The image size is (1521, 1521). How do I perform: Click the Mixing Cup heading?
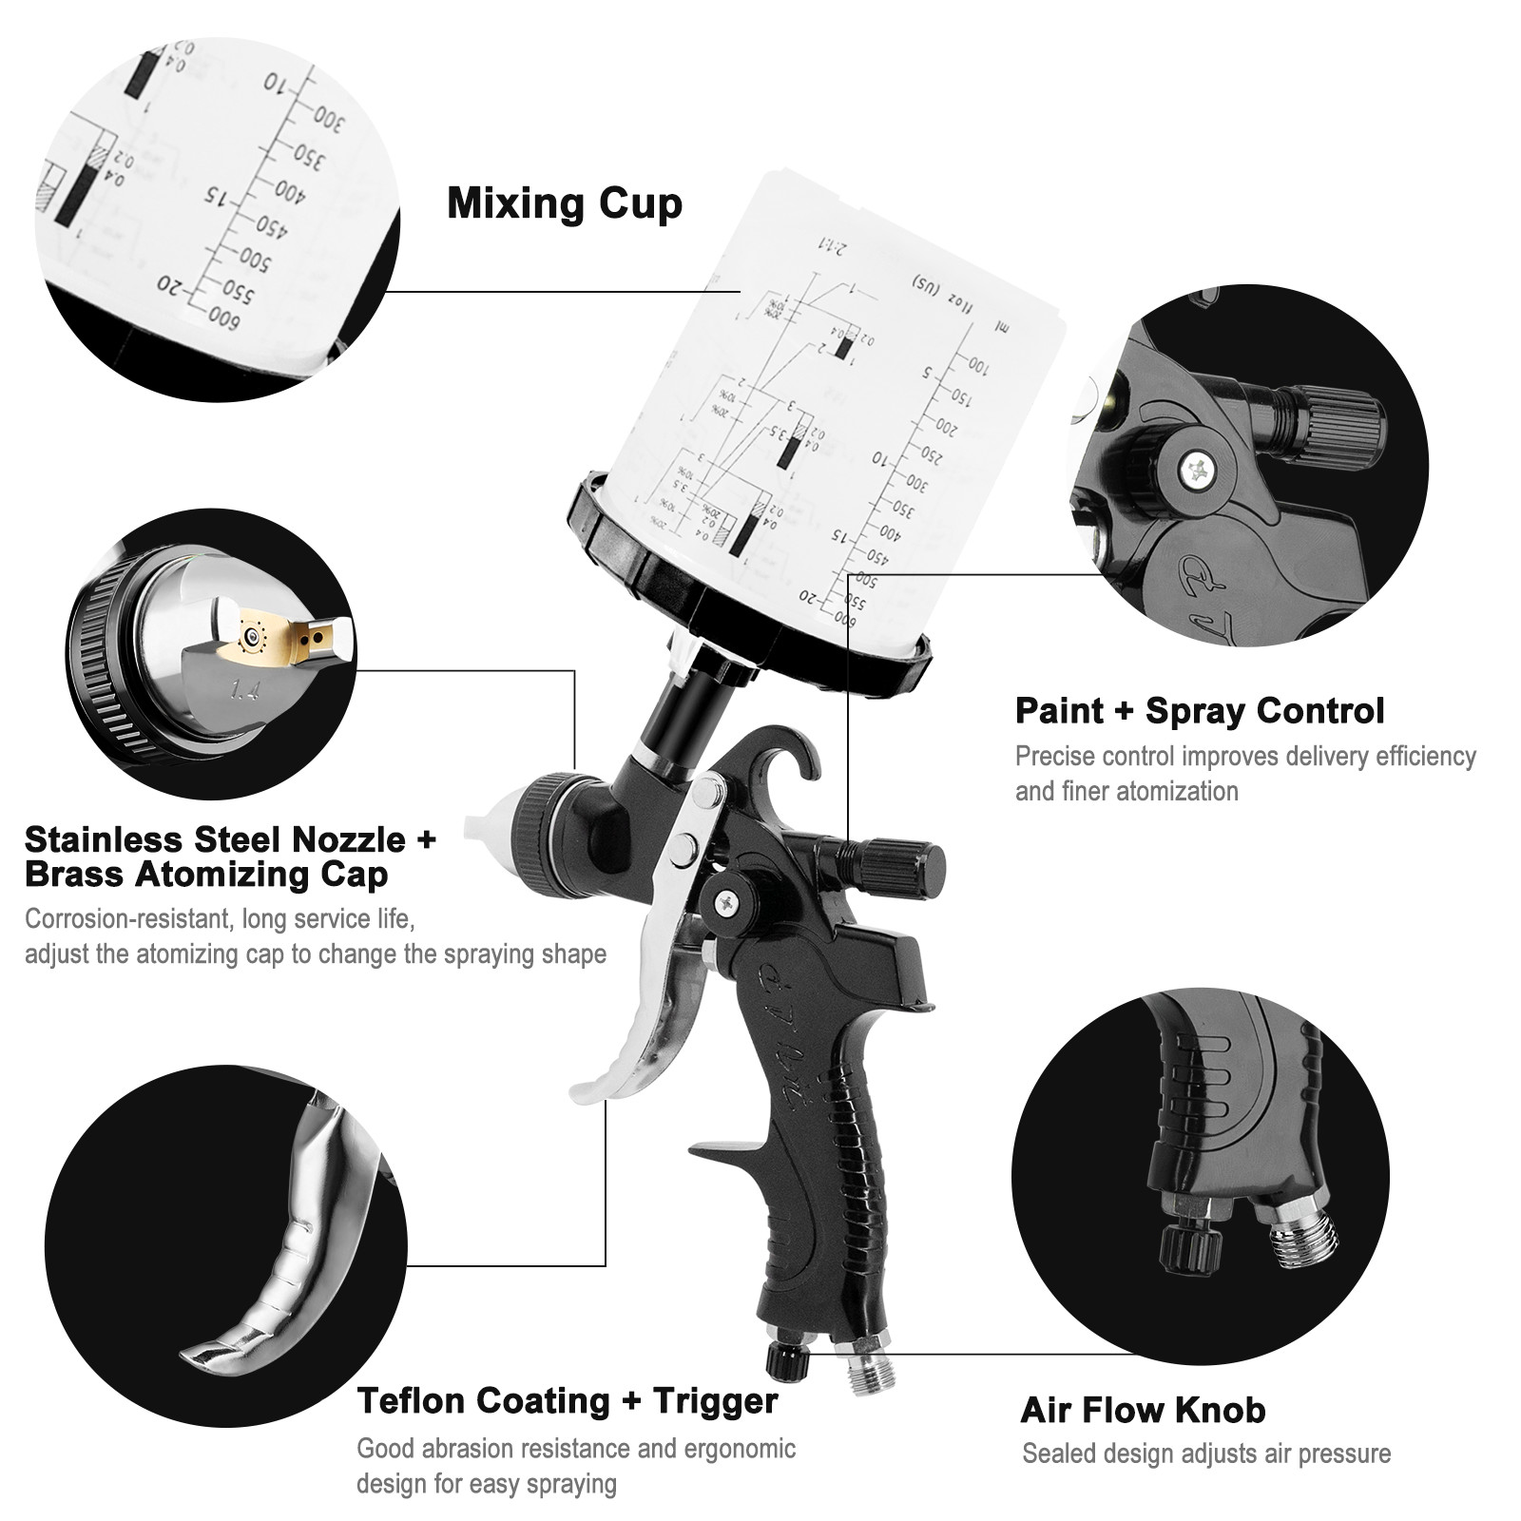565,204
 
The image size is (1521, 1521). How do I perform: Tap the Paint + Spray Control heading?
1199,711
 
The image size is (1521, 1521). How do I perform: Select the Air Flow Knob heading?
1143,1410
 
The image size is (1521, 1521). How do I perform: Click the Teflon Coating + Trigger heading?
568,1400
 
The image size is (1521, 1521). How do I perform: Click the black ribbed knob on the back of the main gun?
897,864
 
